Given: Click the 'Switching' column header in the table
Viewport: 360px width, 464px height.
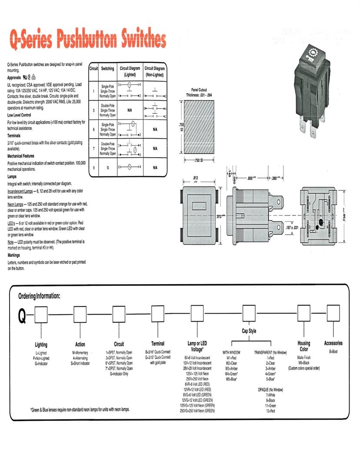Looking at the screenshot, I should click(107, 69).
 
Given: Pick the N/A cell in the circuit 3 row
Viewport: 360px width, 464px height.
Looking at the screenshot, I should click(129, 110).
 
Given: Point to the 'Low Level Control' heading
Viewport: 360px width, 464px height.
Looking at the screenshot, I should click(19, 115).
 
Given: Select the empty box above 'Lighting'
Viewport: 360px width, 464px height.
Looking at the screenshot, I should click(41, 314).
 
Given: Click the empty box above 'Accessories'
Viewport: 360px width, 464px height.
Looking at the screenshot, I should click(333, 312).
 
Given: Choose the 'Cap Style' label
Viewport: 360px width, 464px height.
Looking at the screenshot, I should click(249, 331).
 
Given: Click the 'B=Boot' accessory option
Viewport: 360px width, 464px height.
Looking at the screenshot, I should click(333, 351).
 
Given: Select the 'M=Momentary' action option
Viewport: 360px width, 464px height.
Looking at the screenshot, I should click(80, 352).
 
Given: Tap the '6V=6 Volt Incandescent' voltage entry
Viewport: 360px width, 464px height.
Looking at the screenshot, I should click(198, 357).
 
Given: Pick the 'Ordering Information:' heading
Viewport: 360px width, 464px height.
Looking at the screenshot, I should click(39, 296).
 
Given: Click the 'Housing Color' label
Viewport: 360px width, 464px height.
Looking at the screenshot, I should click(303, 346).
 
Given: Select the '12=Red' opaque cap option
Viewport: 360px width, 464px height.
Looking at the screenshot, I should click(271, 411).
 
